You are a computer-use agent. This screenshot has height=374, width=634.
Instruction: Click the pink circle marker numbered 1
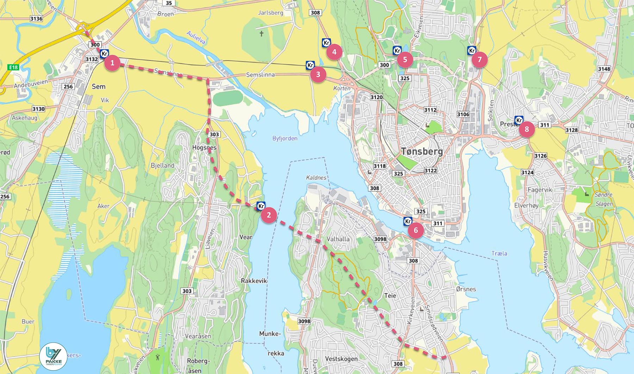click(112, 63)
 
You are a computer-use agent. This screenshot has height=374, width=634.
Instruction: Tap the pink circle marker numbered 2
click(269, 215)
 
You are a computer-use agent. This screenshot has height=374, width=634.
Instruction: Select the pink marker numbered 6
click(416, 230)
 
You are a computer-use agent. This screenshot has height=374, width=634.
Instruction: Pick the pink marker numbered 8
click(527, 129)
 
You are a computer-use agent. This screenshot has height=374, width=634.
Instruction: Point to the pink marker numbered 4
click(334, 52)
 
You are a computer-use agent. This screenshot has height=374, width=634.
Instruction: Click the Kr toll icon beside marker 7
click(472, 50)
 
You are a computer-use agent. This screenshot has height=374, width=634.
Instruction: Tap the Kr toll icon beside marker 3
click(310, 65)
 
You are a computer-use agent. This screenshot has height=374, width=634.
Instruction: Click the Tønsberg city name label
click(422, 152)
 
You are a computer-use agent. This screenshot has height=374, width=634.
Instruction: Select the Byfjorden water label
click(285, 138)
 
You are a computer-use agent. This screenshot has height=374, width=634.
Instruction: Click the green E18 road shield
click(13, 67)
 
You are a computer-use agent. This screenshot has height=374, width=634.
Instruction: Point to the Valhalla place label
click(338, 239)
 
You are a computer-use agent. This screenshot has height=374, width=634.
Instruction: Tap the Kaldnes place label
click(316, 178)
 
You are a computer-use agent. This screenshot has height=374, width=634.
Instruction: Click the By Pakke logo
click(54, 356)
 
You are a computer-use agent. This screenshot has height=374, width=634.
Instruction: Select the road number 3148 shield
click(604, 69)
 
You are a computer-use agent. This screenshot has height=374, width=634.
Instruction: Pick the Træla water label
click(499, 253)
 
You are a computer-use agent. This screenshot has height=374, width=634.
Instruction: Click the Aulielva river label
click(196, 38)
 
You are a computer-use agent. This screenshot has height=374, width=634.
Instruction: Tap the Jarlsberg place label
click(271, 13)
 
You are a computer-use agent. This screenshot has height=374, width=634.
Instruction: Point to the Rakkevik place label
click(254, 281)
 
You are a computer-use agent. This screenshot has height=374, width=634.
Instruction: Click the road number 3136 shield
click(36, 19)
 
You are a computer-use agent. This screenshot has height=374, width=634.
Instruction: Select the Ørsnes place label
click(466, 289)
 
